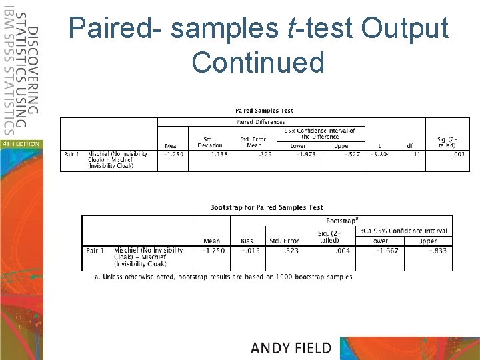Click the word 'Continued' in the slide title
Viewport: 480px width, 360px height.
(x=258, y=63)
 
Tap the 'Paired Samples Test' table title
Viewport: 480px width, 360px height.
(x=264, y=111)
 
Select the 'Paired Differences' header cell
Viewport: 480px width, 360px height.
(x=261, y=122)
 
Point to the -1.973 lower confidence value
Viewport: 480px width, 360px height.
(x=298, y=154)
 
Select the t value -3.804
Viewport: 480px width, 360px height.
(x=379, y=154)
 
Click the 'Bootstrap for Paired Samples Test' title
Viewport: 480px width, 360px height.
(x=266, y=208)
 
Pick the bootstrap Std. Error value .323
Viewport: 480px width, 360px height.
(x=284, y=251)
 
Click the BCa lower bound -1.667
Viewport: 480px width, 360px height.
(x=379, y=251)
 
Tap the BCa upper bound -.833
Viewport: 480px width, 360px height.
(x=427, y=251)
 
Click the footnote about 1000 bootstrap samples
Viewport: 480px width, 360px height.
(x=224, y=277)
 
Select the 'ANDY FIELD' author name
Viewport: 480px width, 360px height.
(x=291, y=347)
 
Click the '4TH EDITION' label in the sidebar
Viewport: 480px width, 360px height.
(x=21, y=143)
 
